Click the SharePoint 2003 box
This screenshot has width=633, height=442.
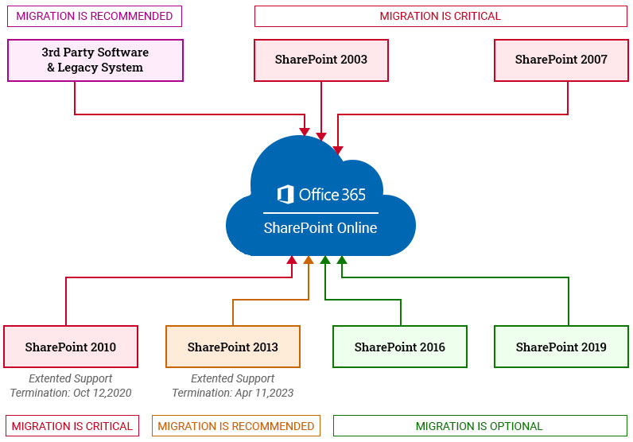pos(321,60)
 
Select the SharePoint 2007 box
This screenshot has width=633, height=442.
pos(561,60)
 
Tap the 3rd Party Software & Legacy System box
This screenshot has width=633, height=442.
pos(95,60)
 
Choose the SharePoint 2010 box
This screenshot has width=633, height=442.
pos(70,347)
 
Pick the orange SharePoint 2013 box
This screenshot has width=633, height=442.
pos(232,347)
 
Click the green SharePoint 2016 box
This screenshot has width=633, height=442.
pos(399,347)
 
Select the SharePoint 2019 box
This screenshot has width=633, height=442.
pos(561,347)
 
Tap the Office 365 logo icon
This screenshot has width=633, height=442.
pos(285,194)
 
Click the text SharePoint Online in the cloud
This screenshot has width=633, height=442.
pos(320,228)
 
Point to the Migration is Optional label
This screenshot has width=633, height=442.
pos(479,426)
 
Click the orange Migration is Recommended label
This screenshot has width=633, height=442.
pos(235,426)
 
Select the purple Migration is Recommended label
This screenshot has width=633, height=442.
pos(94,16)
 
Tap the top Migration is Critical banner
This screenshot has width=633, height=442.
pos(440,16)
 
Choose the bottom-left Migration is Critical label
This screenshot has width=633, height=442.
pos(72,426)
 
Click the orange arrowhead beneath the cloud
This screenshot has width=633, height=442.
pos(309,260)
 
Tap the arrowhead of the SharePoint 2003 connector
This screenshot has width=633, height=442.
pos(321,136)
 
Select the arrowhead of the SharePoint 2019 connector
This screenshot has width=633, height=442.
pos(342,260)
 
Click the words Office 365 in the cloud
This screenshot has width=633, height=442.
pos(332,194)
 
